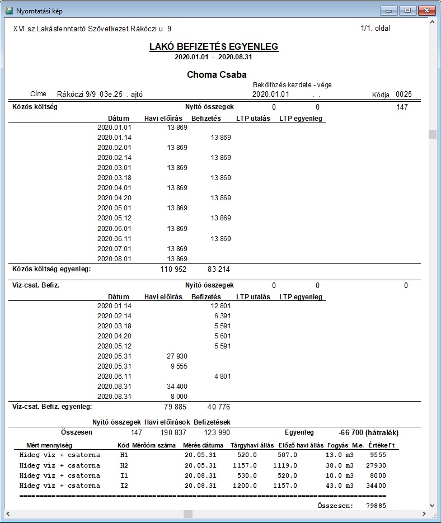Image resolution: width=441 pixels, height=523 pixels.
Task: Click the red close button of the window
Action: [426, 11]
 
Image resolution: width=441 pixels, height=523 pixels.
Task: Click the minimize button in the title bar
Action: [388, 11]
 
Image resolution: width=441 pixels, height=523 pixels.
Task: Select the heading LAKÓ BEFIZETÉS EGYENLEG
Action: [214, 47]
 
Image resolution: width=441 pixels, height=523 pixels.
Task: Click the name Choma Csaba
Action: [217, 74]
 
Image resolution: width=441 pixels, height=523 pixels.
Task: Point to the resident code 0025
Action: [404, 95]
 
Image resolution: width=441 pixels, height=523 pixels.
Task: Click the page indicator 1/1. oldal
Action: [376, 28]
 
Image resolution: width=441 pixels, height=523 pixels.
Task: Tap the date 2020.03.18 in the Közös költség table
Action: [114, 178]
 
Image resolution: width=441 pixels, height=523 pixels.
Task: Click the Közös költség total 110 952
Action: [173, 269]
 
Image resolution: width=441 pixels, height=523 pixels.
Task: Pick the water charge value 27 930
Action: [177, 356]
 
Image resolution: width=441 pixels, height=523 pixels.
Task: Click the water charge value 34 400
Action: [177, 387]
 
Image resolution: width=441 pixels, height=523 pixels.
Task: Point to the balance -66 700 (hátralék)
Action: [369, 433]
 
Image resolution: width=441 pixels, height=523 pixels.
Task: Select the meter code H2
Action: [124, 465]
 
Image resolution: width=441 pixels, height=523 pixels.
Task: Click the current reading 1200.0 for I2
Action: [246, 486]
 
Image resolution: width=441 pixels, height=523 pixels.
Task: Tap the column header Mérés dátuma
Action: [203, 446]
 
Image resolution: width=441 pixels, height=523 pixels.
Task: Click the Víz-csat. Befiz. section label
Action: [36, 286]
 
